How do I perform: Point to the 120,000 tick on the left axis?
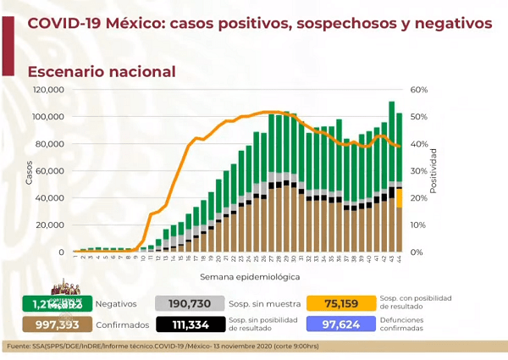click(x=49, y=90)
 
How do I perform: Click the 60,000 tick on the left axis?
click(x=52, y=171)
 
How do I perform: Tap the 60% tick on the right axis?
click(x=419, y=90)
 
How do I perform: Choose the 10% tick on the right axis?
click(x=419, y=225)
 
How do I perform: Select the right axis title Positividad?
click(x=433, y=171)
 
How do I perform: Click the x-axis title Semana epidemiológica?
click(x=249, y=275)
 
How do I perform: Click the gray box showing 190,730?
click(x=190, y=303)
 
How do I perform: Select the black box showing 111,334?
click(x=190, y=325)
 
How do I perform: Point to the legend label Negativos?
click(x=113, y=303)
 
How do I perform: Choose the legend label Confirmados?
click(x=119, y=325)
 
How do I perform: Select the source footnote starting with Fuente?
click(x=173, y=347)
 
